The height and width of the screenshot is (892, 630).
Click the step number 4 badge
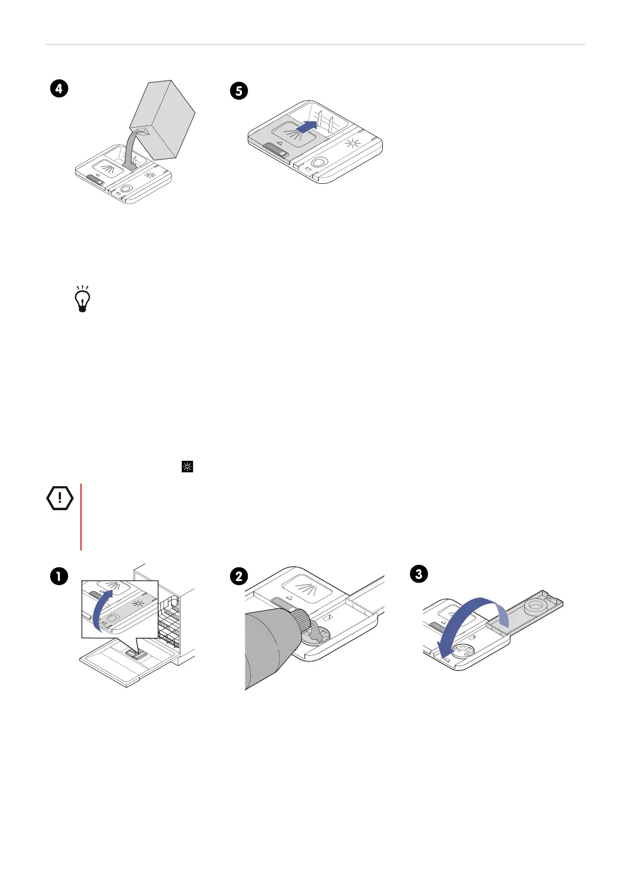click(x=59, y=88)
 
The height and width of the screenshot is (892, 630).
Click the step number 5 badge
click(x=239, y=91)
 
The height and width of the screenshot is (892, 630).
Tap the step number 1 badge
click(x=59, y=576)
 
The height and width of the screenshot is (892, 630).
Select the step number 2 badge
click(x=239, y=576)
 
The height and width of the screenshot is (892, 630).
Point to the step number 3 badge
click(x=419, y=574)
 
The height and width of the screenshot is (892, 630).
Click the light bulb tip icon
click(x=83, y=300)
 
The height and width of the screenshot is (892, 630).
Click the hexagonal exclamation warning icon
click(x=60, y=498)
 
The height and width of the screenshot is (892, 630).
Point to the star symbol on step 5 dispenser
click(x=353, y=145)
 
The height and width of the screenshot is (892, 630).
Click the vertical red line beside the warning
click(x=81, y=516)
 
